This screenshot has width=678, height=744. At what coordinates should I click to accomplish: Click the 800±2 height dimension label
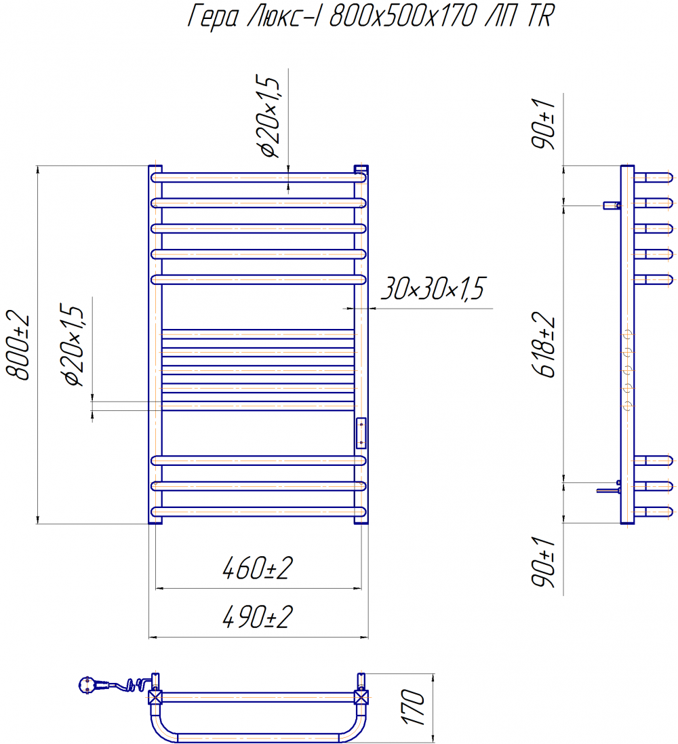click(18, 345)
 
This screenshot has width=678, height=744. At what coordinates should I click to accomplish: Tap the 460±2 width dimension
click(258, 568)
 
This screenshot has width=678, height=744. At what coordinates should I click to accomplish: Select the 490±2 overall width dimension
click(258, 617)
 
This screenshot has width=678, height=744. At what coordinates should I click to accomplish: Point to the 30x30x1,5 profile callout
click(433, 288)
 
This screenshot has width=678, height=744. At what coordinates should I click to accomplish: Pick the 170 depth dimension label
click(414, 707)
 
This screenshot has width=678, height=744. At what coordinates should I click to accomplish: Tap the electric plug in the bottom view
click(92, 685)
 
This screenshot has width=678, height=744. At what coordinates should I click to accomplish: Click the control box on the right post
click(361, 433)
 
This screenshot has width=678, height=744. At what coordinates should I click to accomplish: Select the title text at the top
click(371, 16)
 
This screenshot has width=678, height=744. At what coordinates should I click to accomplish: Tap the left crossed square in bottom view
click(155, 697)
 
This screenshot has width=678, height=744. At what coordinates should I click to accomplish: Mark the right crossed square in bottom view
click(361, 697)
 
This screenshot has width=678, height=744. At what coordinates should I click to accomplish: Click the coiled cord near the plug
click(134, 685)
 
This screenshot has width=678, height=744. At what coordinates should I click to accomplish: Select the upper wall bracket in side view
click(612, 205)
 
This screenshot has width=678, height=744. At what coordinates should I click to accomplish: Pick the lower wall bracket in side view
click(610, 488)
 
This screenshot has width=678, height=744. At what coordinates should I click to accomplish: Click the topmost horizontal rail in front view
click(258, 178)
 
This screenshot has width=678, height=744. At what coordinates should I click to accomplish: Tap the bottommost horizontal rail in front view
click(258, 511)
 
